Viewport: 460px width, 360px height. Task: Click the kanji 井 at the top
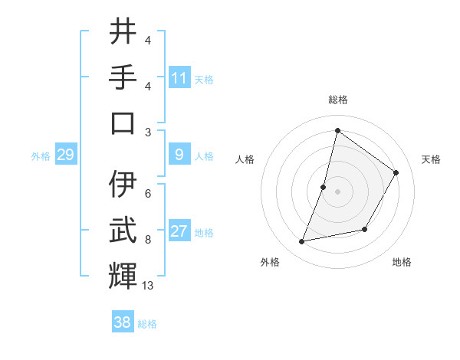(x=123, y=32)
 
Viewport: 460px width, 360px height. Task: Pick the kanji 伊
(x=123, y=185)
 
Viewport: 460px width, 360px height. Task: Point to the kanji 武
(x=123, y=231)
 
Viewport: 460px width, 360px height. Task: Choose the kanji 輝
(x=123, y=277)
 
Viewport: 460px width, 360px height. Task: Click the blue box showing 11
(x=179, y=77)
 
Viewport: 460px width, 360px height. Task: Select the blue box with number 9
(x=179, y=155)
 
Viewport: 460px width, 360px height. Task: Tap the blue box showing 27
(x=179, y=231)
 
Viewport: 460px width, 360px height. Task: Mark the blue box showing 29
(x=65, y=155)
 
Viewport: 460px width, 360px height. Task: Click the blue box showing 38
(x=123, y=322)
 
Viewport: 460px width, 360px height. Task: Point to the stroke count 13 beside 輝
(x=148, y=286)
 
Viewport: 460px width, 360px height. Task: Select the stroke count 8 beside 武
(x=147, y=239)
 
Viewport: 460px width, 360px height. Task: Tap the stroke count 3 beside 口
(x=147, y=131)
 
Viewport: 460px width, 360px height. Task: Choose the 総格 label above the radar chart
(x=337, y=100)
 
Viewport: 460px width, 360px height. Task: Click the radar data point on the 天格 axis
(x=396, y=172)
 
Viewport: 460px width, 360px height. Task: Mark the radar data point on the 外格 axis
(x=302, y=241)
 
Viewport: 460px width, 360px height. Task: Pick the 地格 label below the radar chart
(x=402, y=263)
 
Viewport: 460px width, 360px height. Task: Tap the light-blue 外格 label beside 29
(x=41, y=156)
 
